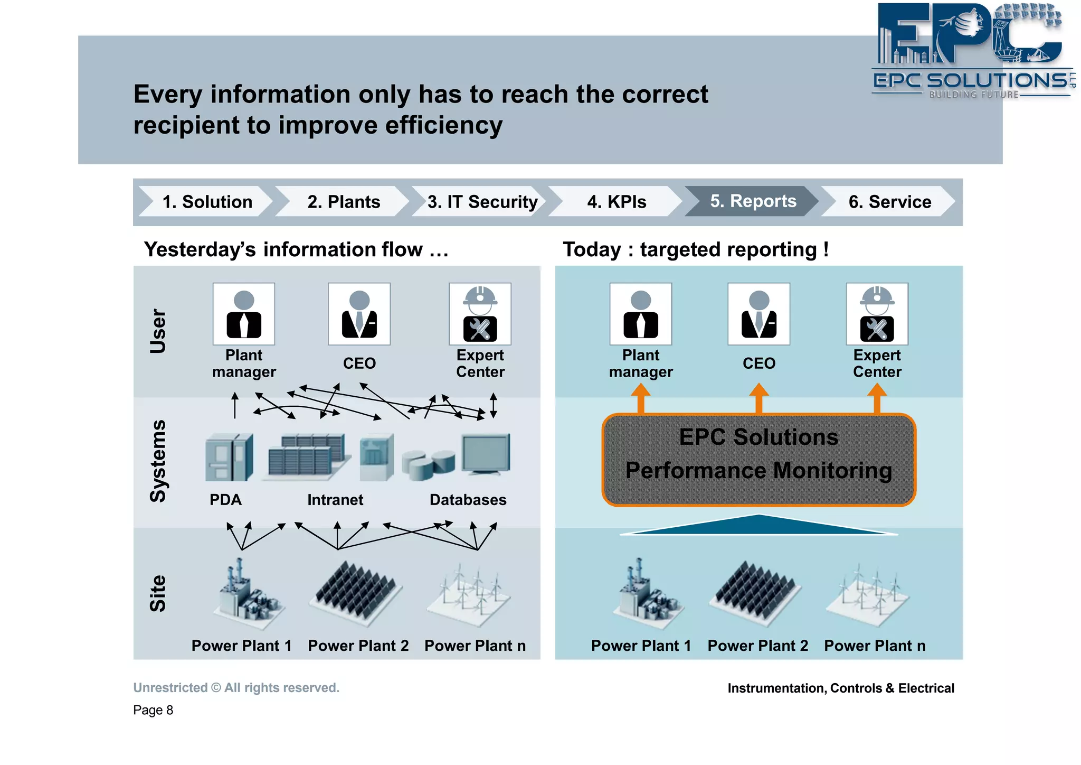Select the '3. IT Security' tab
[x=482, y=202]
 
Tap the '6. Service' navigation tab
[x=889, y=202]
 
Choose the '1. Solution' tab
[x=207, y=202]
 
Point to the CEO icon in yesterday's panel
[x=359, y=314]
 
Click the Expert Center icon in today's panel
[x=877, y=314]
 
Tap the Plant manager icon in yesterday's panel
[x=244, y=314]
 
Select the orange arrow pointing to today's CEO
[x=758, y=398]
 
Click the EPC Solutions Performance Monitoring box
[x=758, y=460]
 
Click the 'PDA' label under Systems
[x=225, y=500]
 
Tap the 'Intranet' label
[x=335, y=500]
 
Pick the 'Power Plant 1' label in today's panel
[x=641, y=646]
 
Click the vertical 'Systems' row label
[x=158, y=461]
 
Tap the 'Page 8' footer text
[x=153, y=710]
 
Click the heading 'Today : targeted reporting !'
[x=695, y=249]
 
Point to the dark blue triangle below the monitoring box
[x=758, y=526]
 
